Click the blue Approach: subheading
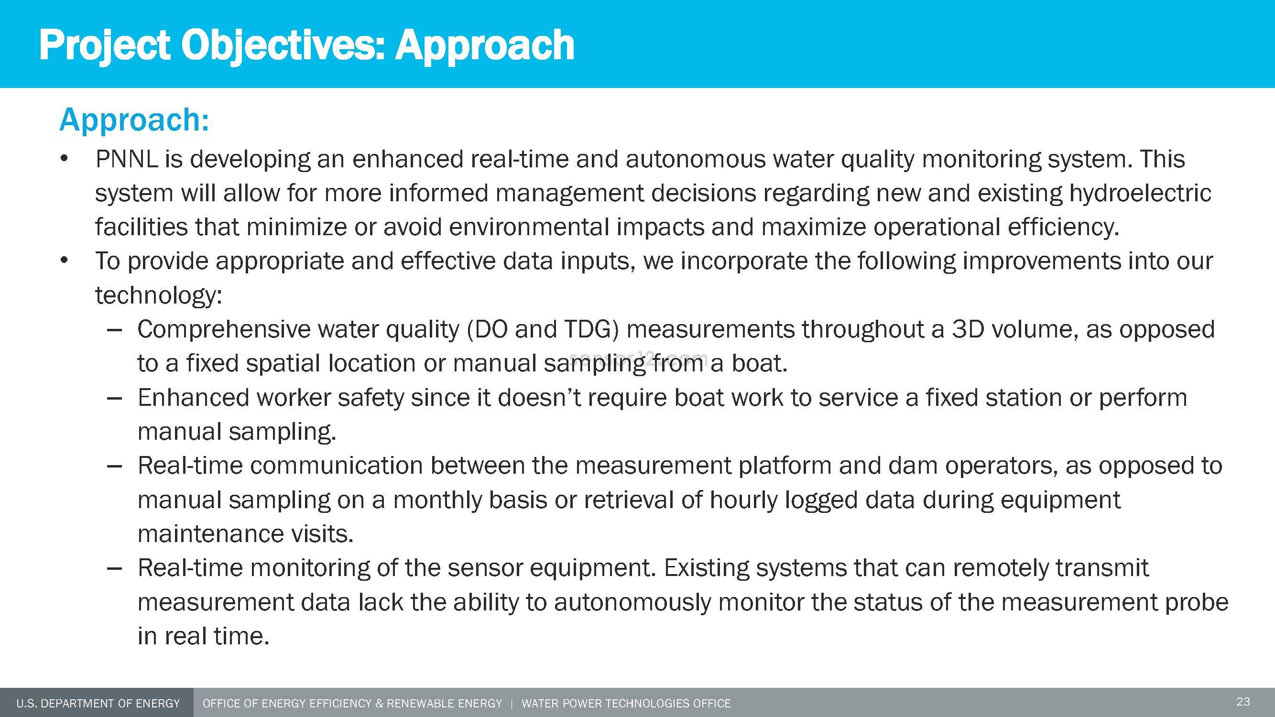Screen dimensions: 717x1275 134,120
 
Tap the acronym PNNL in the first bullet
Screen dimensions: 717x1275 126,159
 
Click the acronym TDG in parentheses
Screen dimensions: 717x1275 591,329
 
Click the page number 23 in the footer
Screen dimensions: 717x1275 1243,702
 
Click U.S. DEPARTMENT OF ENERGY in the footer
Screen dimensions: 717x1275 98,704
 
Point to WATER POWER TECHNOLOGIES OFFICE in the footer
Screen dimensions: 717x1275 626,704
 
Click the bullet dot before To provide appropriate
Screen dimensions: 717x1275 64,261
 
